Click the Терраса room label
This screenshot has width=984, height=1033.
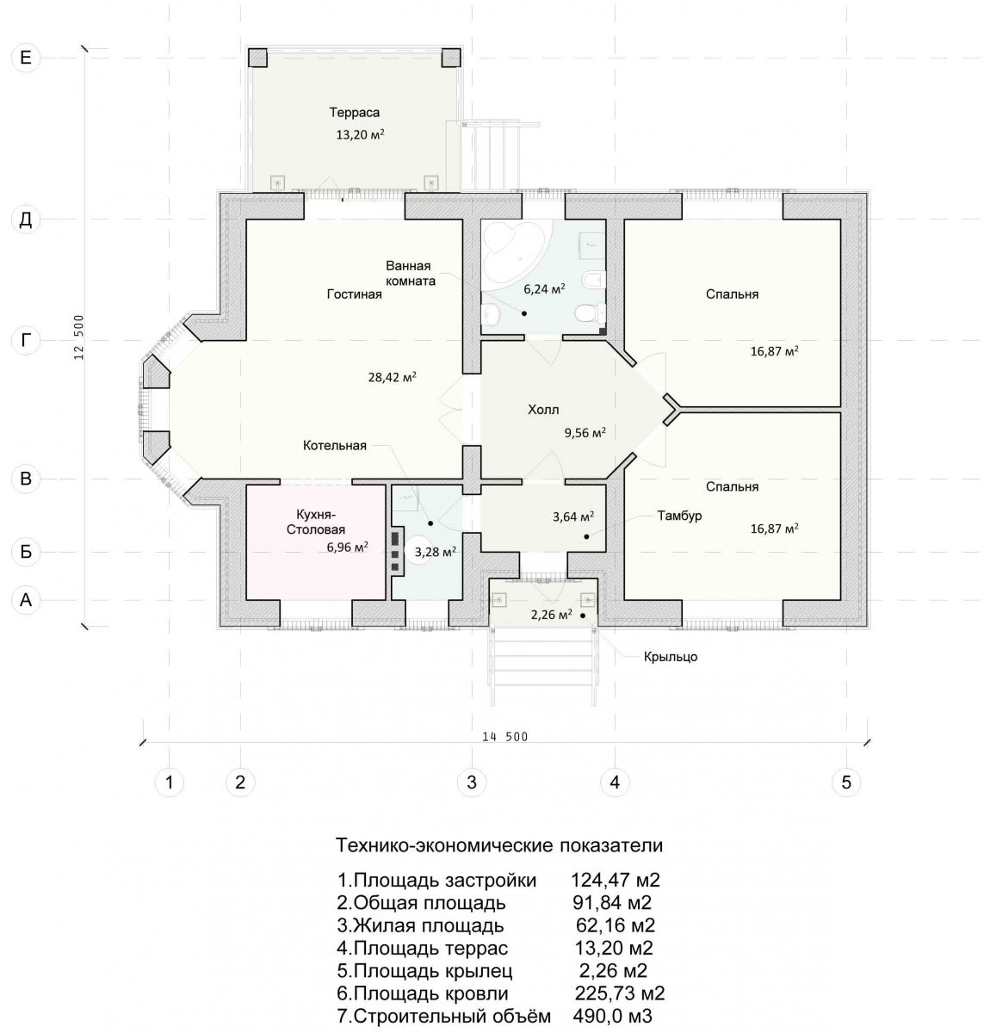[355, 113]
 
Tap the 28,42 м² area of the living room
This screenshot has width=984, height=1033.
[392, 377]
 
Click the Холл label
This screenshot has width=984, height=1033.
[543, 409]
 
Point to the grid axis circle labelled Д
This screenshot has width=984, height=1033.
[25, 220]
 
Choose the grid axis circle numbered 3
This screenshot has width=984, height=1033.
[472, 782]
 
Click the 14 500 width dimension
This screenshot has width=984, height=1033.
[504, 737]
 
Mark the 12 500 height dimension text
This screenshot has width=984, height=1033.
[79, 337]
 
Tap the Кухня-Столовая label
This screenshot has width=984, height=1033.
[315, 521]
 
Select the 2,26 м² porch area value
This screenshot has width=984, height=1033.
[551, 615]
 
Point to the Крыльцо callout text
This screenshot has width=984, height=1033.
[670, 657]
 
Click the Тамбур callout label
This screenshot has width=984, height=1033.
[679, 516]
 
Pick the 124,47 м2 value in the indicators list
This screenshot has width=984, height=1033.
[615, 880]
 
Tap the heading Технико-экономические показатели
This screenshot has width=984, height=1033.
[498, 845]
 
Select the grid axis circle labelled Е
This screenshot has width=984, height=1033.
[25, 58]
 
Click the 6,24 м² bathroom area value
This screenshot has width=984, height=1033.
[544, 288]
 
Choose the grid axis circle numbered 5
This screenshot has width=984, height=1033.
[845, 782]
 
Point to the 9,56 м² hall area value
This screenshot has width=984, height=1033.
[585, 433]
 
